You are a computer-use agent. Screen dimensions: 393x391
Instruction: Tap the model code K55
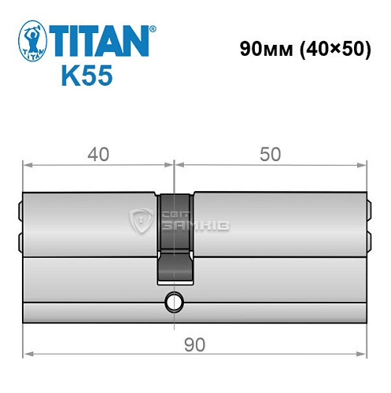[87, 76]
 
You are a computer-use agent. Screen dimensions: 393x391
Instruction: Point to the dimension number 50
[270, 155]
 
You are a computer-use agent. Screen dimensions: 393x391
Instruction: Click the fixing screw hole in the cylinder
[173, 302]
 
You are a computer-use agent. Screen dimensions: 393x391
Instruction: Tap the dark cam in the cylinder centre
[175, 236]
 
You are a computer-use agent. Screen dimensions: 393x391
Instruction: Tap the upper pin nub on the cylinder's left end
[20, 211]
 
